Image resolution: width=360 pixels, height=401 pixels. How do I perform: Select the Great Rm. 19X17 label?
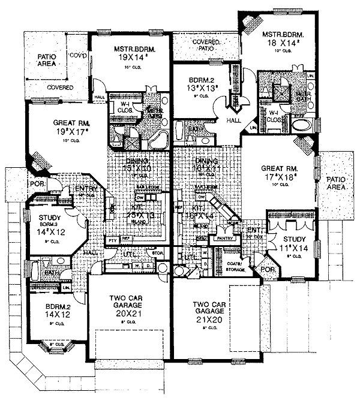coord(71,125)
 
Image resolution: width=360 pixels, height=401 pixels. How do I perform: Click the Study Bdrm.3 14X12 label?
coord(51,222)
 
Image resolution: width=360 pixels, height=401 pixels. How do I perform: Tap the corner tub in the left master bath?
coord(159,141)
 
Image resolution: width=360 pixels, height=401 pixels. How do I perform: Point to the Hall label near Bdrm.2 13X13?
coord(233,120)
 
